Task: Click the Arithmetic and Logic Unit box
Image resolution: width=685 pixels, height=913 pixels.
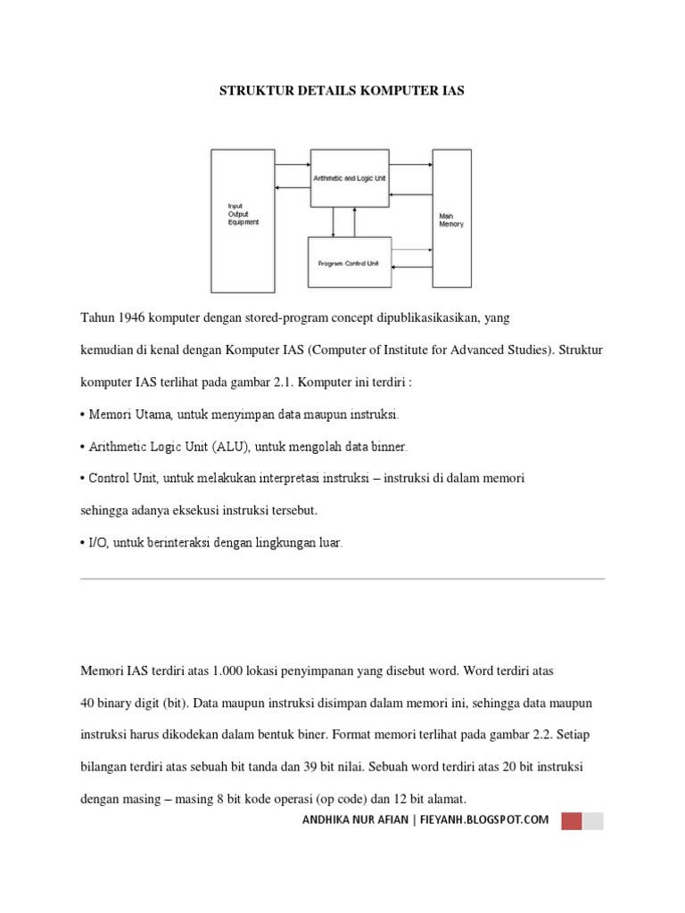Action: point(349,178)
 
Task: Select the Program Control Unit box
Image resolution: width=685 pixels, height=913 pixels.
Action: point(349,263)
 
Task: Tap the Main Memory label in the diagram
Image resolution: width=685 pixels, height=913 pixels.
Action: point(451,219)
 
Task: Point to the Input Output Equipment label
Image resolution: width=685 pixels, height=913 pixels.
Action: point(243,214)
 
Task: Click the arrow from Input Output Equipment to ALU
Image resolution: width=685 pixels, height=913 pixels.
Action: point(293,165)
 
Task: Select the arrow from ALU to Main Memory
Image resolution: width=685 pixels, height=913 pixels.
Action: point(411,165)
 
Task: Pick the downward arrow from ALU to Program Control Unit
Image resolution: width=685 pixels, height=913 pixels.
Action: point(334,221)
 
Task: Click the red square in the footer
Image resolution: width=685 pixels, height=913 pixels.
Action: point(571,820)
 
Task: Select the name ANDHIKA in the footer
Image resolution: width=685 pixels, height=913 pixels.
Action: point(331,820)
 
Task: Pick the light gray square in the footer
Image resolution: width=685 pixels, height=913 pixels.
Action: point(593,820)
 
